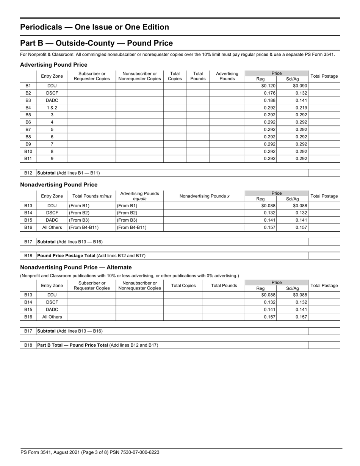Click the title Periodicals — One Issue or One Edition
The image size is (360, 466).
tap(94, 27)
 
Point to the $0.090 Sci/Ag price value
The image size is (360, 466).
tap(300, 86)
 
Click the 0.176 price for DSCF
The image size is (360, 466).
tap(269, 93)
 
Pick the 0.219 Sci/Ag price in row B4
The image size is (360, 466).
tap(301, 108)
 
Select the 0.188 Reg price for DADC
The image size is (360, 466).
tap(269, 100)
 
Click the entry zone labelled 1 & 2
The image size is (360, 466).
tap(52, 108)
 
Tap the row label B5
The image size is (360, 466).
tap(28, 115)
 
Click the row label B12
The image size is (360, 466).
tap(28, 173)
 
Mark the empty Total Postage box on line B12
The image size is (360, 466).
tap(324, 173)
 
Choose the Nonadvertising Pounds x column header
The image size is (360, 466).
tap(204, 196)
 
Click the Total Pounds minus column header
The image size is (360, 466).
tap(92, 196)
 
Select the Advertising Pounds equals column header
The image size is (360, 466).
tap(139, 196)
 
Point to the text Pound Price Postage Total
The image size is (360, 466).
tap(66, 256)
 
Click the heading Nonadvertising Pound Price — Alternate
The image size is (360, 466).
tap(76, 267)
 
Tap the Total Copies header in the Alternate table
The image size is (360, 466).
tap(183, 286)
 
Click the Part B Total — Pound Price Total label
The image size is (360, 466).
tap(72, 345)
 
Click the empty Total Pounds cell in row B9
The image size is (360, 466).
tap(198, 144)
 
